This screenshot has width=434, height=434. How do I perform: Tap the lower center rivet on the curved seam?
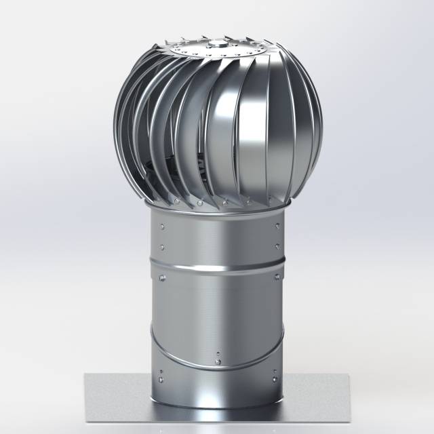(x=218, y=361)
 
